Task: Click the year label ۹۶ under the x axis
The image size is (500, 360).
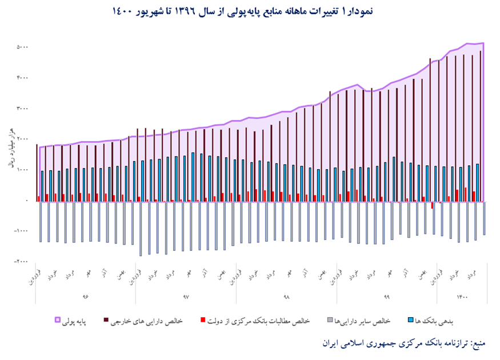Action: (x=86, y=297)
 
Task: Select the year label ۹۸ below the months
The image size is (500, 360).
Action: (x=286, y=297)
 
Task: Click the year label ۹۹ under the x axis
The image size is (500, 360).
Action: (x=386, y=297)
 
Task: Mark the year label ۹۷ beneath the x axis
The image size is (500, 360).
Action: (x=186, y=297)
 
